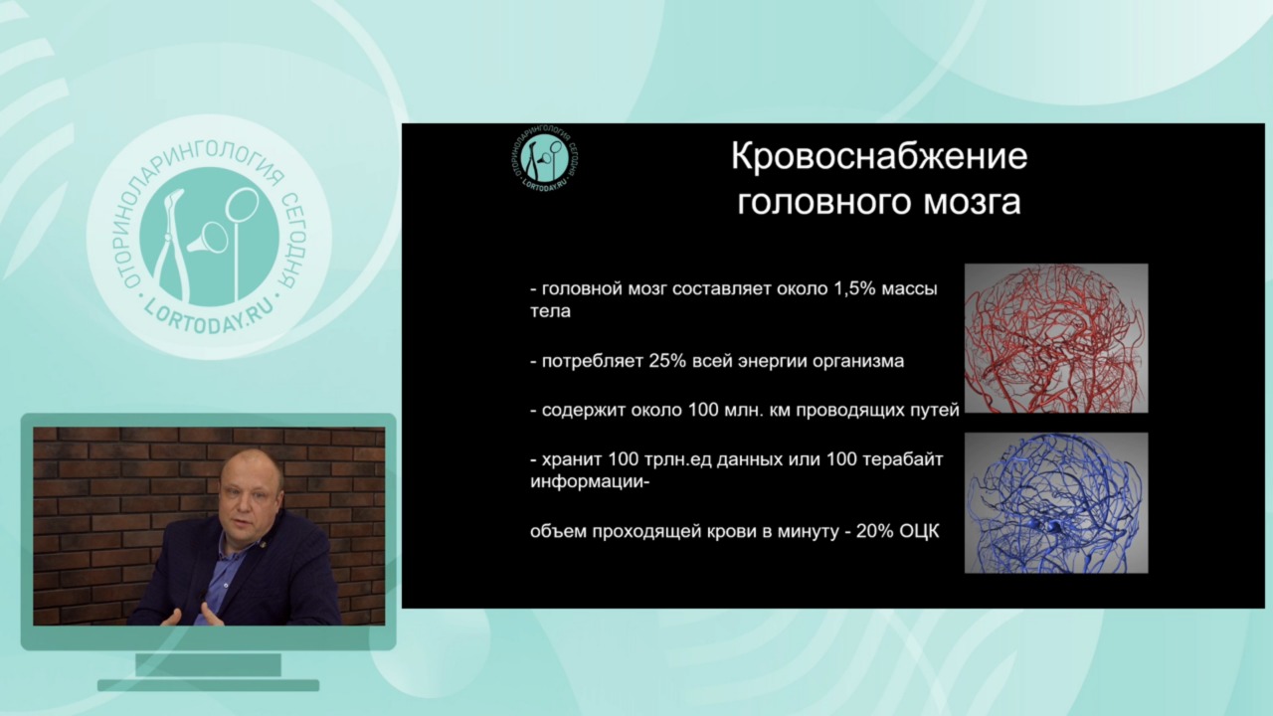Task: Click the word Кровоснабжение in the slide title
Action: coord(878,156)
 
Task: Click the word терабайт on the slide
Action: coord(903,459)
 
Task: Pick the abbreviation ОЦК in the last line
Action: coord(919,531)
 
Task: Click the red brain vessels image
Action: coord(1056,338)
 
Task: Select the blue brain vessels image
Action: coord(1056,503)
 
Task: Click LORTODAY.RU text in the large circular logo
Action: coord(209,314)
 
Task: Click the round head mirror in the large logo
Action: coord(242,205)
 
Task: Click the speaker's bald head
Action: coord(252,474)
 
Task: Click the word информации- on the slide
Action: coord(590,482)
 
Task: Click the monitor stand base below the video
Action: coord(208,685)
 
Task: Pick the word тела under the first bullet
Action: coord(550,312)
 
